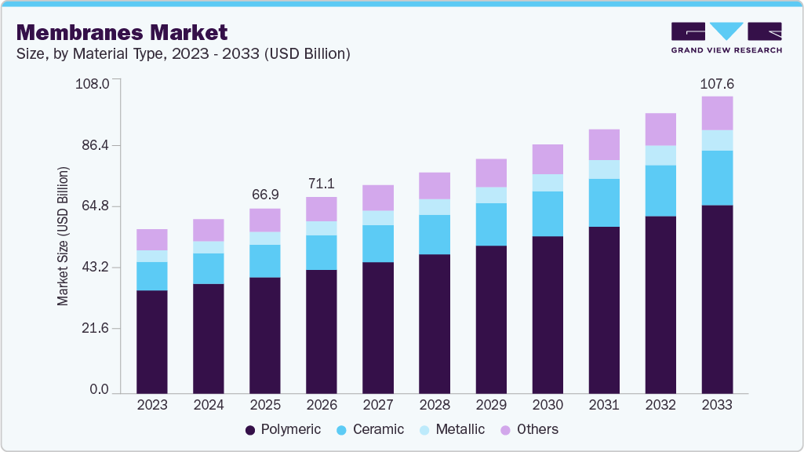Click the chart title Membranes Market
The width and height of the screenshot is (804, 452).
click(x=122, y=32)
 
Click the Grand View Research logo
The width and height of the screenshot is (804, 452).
click(x=726, y=38)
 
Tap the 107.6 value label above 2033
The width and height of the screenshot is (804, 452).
click(x=717, y=84)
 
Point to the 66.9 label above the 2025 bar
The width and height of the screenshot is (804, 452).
click(x=265, y=195)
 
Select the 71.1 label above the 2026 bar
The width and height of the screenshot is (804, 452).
click(x=322, y=184)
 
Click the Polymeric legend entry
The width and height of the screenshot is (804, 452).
click(x=283, y=429)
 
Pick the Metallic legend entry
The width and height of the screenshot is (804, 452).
click(x=452, y=429)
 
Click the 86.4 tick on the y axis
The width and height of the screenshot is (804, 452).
click(x=93, y=145)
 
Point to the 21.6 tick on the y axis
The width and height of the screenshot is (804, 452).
click(x=93, y=329)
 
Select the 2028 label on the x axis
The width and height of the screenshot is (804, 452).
click(x=435, y=405)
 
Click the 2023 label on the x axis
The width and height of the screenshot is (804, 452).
click(x=152, y=405)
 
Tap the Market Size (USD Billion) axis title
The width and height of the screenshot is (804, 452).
click(x=63, y=236)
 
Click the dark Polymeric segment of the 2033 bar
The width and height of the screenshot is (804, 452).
click(x=717, y=298)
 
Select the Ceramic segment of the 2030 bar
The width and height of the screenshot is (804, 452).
click(x=548, y=213)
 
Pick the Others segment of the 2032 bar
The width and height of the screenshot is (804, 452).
click(x=660, y=129)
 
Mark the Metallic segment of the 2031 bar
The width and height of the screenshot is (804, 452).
click(x=604, y=169)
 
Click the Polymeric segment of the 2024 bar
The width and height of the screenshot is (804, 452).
click(x=209, y=337)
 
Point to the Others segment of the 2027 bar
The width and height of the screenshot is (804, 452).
click(x=378, y=198)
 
